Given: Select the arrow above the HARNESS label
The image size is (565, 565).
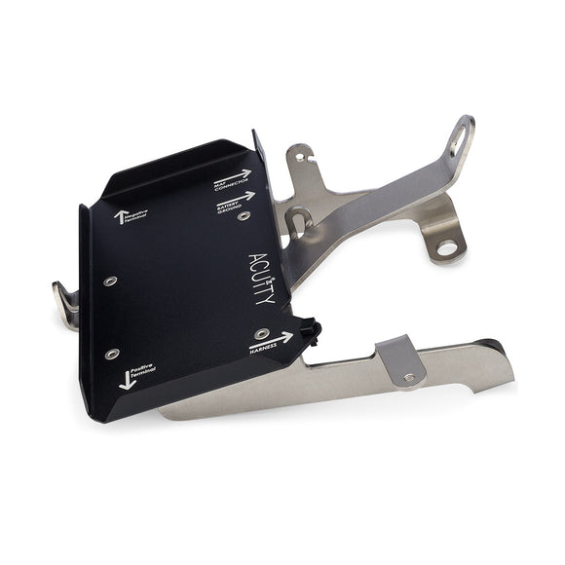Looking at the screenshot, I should (x=271, y=337).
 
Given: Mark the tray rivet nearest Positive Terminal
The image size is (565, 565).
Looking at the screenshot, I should (x=113, y=353).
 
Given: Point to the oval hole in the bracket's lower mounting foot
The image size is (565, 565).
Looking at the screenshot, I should (x=446, y=247).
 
